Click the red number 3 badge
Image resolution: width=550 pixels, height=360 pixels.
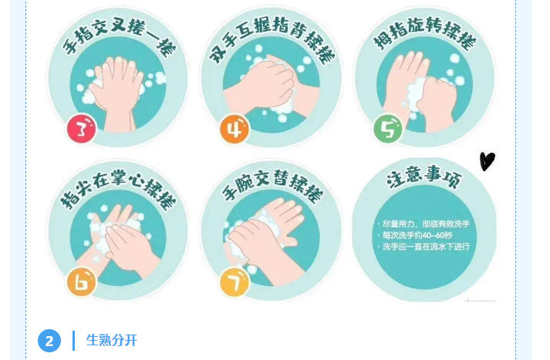pos(81,128)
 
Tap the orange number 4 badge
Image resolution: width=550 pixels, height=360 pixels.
pos(235,129)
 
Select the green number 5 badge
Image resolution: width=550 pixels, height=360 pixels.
pos(388,129)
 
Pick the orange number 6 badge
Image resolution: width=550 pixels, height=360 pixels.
pos(81,282)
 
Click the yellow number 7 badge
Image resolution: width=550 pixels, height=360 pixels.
pos(235,282)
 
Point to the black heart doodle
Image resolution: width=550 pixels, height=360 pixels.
pos(488,161)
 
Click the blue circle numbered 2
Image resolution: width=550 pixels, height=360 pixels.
pos(49,341)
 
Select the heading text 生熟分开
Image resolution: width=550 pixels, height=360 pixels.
pos(112,341)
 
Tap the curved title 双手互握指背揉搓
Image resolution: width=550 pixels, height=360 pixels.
pos(272,37)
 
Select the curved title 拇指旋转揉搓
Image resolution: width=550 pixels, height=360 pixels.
pos(424,33)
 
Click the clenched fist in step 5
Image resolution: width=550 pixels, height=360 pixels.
pos(437,102)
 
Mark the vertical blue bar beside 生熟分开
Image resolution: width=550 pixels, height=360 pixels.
pos(73,341)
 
